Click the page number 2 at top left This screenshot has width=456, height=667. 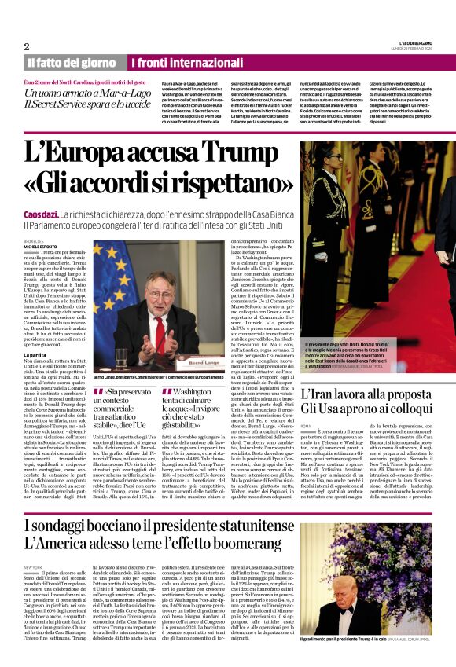point(26,46)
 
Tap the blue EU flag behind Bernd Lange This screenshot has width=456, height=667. point(111,275)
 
